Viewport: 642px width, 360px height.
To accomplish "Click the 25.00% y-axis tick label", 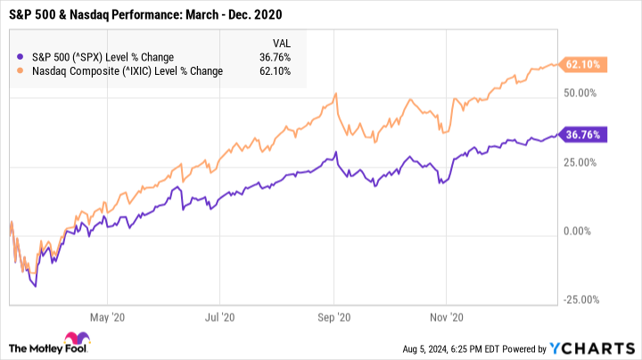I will pyautogui.click(x=580, y=162).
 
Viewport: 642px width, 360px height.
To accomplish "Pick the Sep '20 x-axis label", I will pyautogui.click(x=333, y=315).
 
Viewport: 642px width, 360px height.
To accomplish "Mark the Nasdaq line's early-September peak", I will pyautogui.click(x=334, y=94).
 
